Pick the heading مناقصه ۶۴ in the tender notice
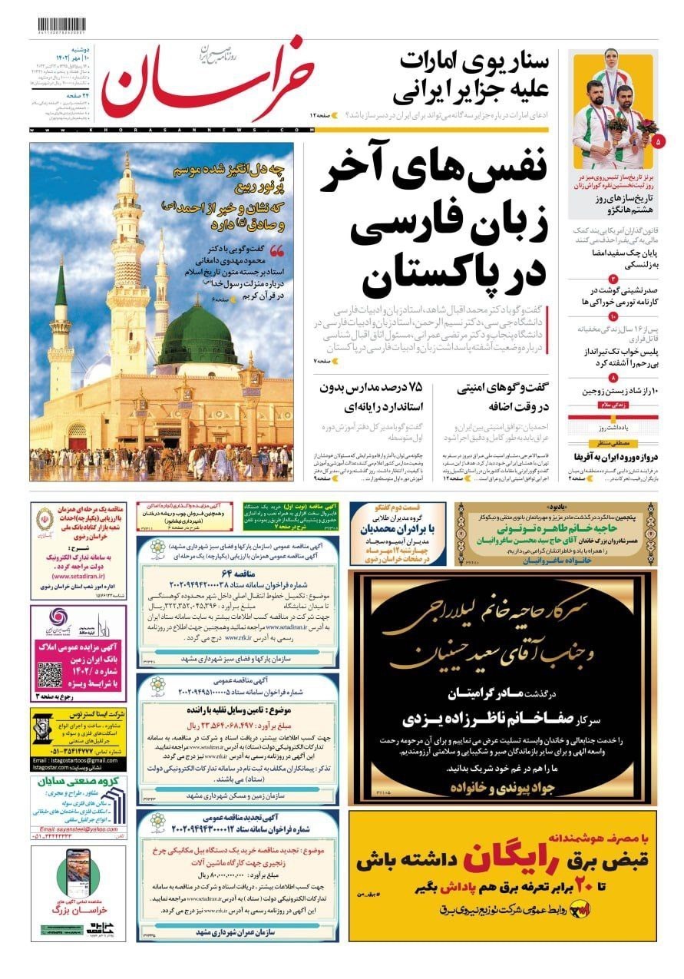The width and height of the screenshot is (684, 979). tap(240, 572)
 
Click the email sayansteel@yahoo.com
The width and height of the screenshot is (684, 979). tap(74, 829)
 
